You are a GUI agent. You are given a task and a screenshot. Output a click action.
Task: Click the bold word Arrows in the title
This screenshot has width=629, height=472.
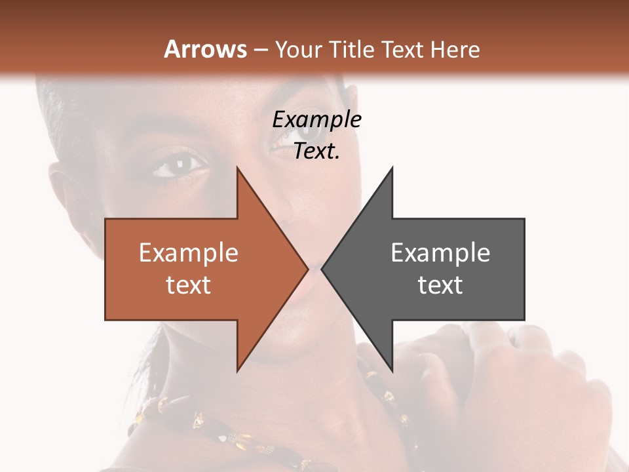tap(205, 49)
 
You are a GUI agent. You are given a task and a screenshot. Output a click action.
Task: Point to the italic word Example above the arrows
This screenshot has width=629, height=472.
tap(316, 120)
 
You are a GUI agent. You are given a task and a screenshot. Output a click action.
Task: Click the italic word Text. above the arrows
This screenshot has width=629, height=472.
tap(316, 151)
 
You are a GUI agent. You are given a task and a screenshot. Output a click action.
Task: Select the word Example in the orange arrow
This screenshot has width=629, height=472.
tap(188, 253)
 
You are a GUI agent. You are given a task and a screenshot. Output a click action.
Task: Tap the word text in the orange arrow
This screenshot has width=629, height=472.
tap(188, 285)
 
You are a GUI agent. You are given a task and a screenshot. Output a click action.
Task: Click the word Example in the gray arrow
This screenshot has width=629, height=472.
tap(440, 253)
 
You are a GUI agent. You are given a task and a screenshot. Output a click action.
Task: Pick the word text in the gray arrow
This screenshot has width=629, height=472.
tap(440, 285)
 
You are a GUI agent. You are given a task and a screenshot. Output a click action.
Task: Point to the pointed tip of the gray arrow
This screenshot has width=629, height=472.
tap(322, 269)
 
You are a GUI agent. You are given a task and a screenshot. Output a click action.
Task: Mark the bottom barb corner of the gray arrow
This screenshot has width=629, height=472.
tap(392, 370)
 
